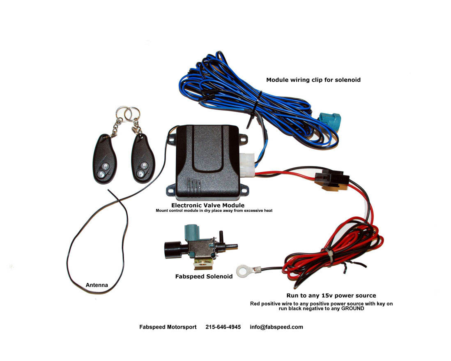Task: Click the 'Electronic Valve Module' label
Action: (208, 205)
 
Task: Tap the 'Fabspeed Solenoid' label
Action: (204, 276)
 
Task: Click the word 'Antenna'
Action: (97, 285)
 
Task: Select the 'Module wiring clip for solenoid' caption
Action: (313, 80)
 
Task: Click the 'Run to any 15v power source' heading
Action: (331, 295)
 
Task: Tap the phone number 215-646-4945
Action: (223, 327)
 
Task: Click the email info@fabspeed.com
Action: (276, 327)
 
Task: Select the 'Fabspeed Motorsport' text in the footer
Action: (168, 327)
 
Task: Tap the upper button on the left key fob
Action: (106, 166)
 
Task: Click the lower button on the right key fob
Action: (140, 174)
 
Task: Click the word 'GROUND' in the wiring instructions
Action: (352, 309)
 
